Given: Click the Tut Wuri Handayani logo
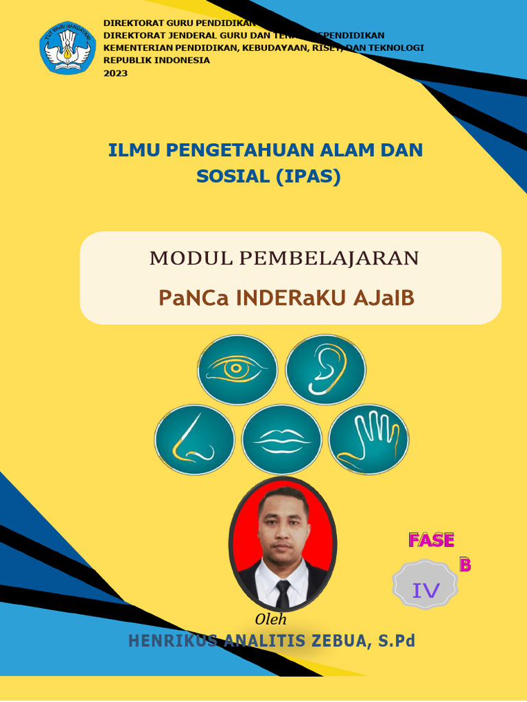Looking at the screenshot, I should (x=67, y=47).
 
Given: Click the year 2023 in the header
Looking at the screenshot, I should (x=115, y=73).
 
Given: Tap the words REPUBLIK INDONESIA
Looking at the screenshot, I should (x=156, y=60).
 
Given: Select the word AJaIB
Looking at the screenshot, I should (x=384, y=298).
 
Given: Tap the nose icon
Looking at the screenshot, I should (x=194, y=439).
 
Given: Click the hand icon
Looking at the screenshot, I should (x=368, y=439).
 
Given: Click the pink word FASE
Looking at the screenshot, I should (x=431, y=540).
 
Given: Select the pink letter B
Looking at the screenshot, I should (x=465, y=565).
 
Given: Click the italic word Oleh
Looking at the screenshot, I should (x=270, y=620).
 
